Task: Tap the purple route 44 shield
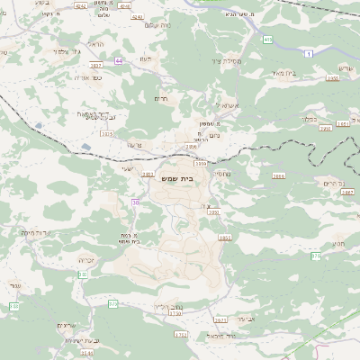119,61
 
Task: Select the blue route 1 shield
310,55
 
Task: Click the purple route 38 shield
136,202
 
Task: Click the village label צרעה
133,145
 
